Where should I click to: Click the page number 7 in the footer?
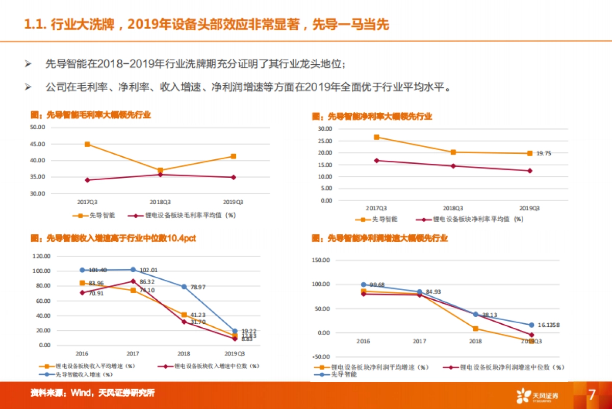coord(592,395)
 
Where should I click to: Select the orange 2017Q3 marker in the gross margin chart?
coord(87,145)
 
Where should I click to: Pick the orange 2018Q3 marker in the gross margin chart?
coord(160,171)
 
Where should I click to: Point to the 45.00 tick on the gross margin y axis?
coord(38,144)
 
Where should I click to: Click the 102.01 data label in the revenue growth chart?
coord(148,270)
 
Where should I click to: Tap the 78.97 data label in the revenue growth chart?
coord(199,287)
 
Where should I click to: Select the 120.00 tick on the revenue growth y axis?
coord(40,256)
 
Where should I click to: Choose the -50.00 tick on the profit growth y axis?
coord(320,357)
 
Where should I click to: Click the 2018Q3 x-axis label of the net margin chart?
coord(452,208)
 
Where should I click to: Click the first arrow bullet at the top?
coord(28,65)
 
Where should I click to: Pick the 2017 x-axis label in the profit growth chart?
coord(419,341)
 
